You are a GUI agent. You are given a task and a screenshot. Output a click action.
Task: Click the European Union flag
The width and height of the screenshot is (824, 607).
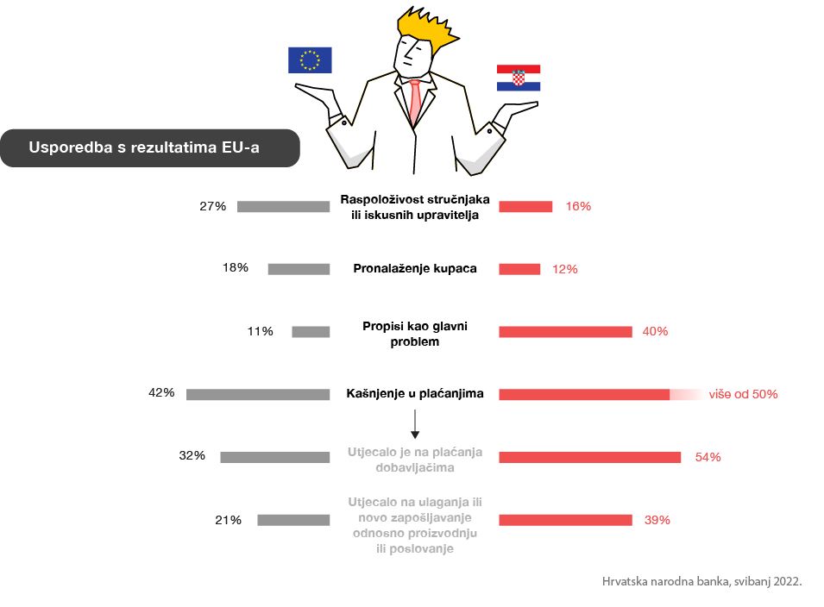(x=310, y=59)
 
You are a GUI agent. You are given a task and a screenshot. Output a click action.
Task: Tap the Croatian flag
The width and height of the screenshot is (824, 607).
(x=518, y=78)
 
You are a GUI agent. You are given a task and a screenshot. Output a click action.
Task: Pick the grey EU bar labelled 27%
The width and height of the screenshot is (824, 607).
(x=283, y=206)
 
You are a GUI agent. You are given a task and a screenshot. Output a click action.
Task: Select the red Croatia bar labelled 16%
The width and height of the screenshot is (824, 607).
(x=525, y=206)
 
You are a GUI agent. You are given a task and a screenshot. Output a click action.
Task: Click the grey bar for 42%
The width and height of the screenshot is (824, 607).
(x=258, y=394)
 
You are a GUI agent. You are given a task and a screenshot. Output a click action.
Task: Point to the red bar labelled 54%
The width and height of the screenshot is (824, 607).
(x=589, y=457)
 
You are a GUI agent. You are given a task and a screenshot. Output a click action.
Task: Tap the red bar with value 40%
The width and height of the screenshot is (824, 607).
(x=565, y=332)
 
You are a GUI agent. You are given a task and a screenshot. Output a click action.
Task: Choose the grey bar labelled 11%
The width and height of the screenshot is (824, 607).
(x=311, y=332)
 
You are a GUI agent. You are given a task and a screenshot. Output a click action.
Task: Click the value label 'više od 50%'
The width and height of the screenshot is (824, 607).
(x=743, y=394)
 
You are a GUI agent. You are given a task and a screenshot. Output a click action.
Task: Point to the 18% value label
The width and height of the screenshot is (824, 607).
(x=236, y=268)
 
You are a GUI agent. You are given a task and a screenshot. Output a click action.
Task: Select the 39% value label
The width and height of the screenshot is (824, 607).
(x=657, y=520)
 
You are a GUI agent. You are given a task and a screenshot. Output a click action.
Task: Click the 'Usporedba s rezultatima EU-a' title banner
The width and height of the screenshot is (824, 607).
(x=150, y=147)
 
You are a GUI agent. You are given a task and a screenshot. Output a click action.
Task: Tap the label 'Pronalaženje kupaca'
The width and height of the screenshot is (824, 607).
(x=415, y=268)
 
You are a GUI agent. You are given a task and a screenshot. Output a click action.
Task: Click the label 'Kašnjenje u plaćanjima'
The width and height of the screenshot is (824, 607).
(x=415, y=394)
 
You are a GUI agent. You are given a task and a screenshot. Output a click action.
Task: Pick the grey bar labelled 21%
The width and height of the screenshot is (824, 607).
(x=293, y=520)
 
